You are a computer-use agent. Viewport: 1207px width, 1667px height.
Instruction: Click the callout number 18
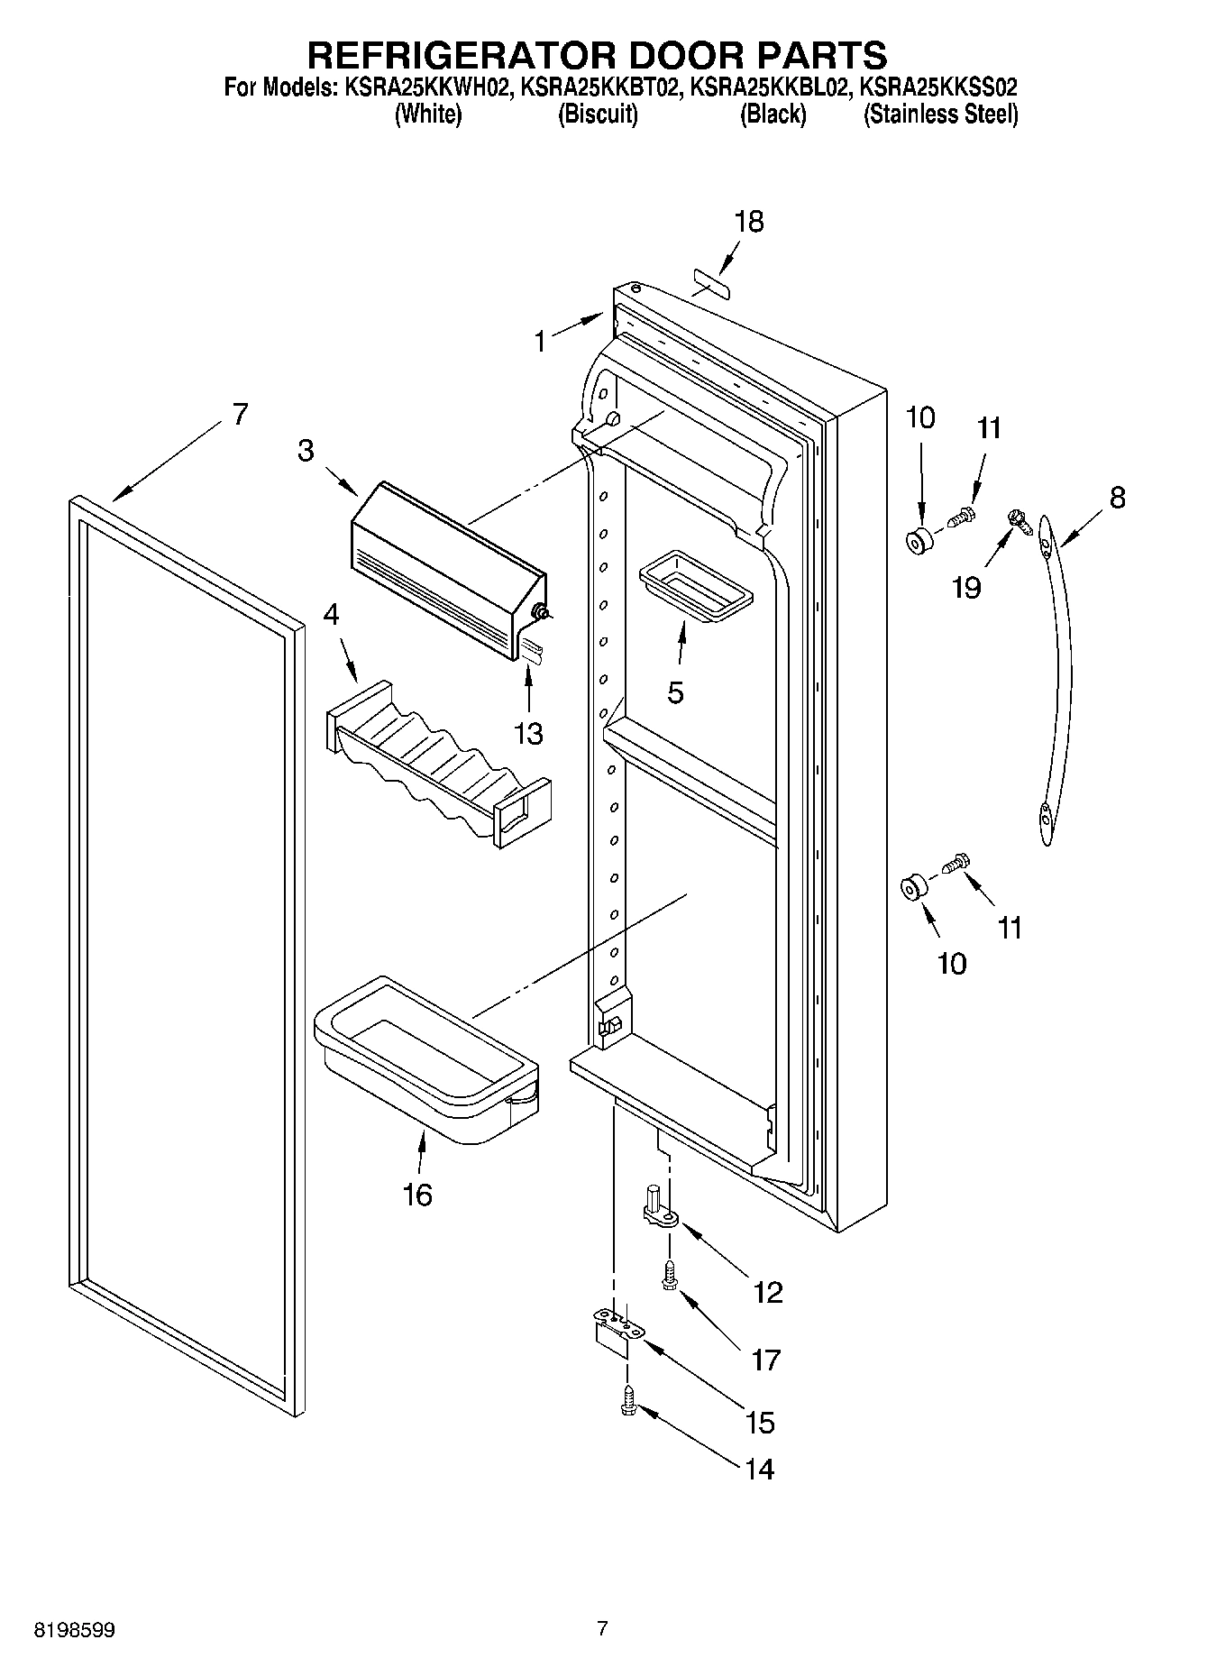[749, 221]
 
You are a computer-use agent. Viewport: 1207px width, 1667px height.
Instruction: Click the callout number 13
[528, 733]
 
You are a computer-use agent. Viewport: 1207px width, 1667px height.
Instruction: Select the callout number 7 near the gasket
[239, 414]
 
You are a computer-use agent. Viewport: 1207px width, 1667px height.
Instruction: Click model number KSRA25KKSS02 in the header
[939, 87]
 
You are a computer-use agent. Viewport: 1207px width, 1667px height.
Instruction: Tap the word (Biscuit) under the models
[598, 114]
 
